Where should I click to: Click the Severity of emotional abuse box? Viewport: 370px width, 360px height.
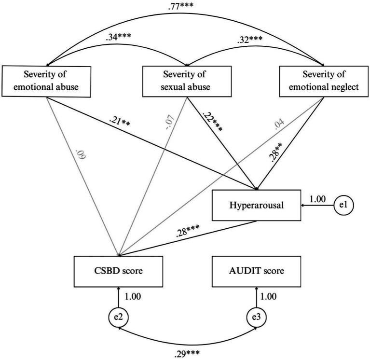(x=46, y=80)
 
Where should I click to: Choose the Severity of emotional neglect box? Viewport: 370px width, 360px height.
(x=323, y=80)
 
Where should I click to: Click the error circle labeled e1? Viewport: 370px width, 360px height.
(x=343, y=205)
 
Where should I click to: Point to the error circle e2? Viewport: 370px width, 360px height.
(x=118, y=319)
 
